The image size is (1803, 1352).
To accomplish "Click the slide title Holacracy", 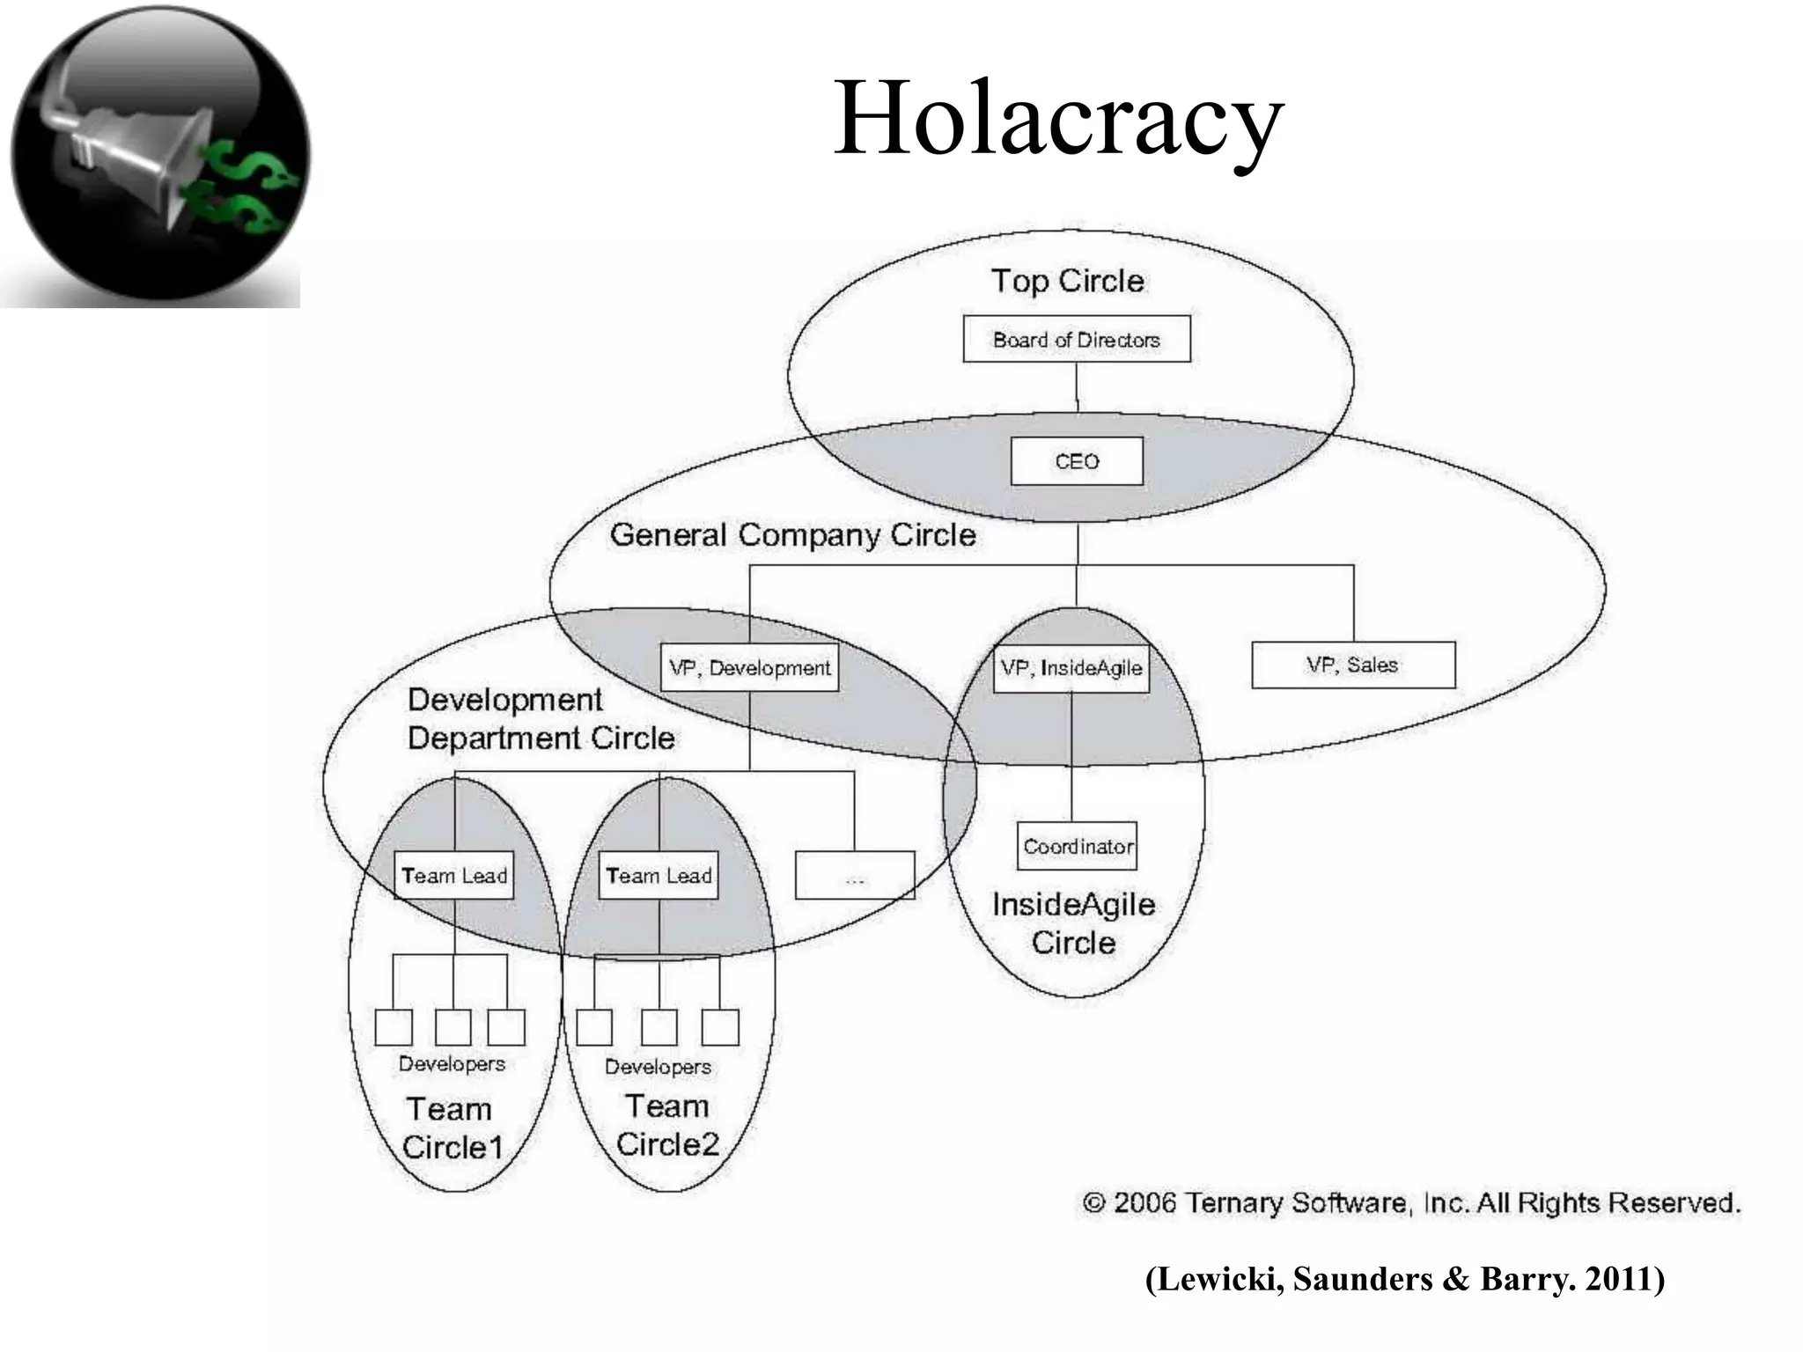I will tap(1057, 119).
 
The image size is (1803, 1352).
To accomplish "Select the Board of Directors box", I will tap(1076, 339).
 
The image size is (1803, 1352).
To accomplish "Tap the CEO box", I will tap(1076, 461).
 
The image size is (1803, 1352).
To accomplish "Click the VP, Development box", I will tap(749, 668).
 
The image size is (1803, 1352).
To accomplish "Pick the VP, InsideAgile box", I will tap(1071, 668).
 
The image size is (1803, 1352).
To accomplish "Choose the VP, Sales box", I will tap(1352, 665).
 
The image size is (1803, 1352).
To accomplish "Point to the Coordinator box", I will tap(1077, 846).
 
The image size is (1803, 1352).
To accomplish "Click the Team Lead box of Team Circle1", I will tap(453, 875).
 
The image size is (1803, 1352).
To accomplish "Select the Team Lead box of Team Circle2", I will tap(658, 875).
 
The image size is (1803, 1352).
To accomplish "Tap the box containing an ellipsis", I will tap(854, 875).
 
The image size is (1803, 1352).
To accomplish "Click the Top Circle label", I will tap(1067, 281).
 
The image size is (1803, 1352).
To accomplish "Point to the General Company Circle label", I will tap(792, 534).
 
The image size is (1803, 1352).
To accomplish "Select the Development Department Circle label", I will tap(540, 718).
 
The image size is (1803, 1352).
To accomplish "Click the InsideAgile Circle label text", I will tap(1073, 922).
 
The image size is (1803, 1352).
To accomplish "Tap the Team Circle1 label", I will tap(452, 1128).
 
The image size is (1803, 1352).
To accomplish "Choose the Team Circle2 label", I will tap(666, 1125).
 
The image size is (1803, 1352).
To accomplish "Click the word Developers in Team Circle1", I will tap(452, 1063).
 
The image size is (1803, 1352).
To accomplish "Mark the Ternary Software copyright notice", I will tap(1410, 1202).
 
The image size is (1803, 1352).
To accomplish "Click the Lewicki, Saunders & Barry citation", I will tap(1404, 1279).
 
